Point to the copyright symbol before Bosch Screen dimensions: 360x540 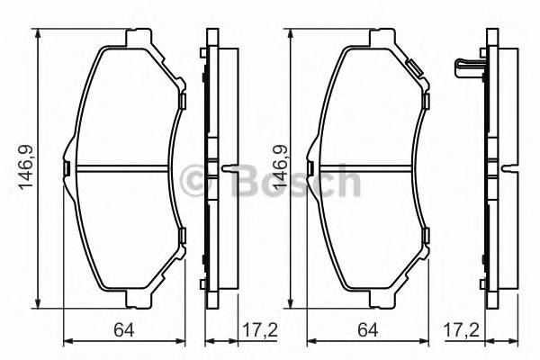pyautogui.click(x=193, y=183)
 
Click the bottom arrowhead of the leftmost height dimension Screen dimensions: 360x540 pyautogui.click(x=39, y=301)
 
